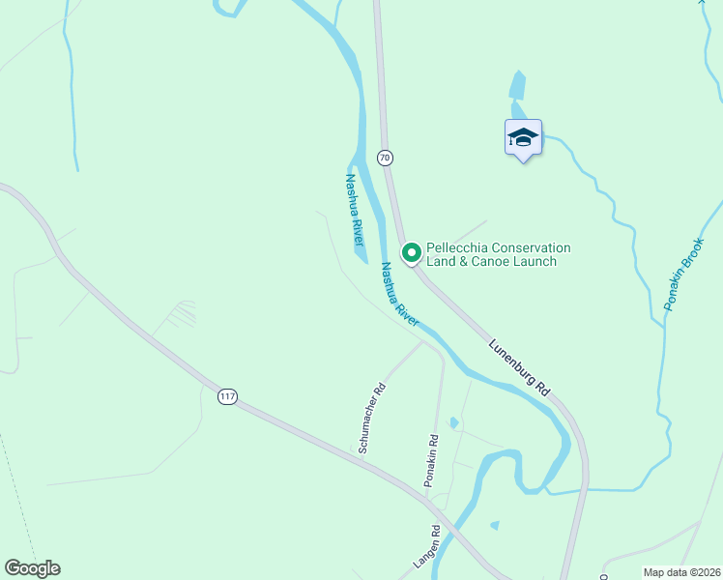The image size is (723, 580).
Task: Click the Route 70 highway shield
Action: [x=385, y=158]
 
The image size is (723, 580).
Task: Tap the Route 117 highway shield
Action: [x=227, y=397]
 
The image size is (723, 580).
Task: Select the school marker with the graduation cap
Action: [x=523, y=137]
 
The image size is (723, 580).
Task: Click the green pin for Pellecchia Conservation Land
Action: [x=411, y=253]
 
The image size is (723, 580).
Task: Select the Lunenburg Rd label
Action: [x=519, y=367]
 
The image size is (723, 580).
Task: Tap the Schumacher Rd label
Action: [x=372, y=419]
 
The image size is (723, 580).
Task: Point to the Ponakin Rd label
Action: [x=432, y=459]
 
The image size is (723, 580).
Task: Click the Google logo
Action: [x=32, y=568]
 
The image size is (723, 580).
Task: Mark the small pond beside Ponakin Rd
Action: [x=453, y=423]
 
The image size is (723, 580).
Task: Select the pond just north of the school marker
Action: [x=517, y=87]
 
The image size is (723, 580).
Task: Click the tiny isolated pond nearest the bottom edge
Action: [x=495, y=526]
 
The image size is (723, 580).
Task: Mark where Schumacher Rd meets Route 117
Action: [x=360, y=454]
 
